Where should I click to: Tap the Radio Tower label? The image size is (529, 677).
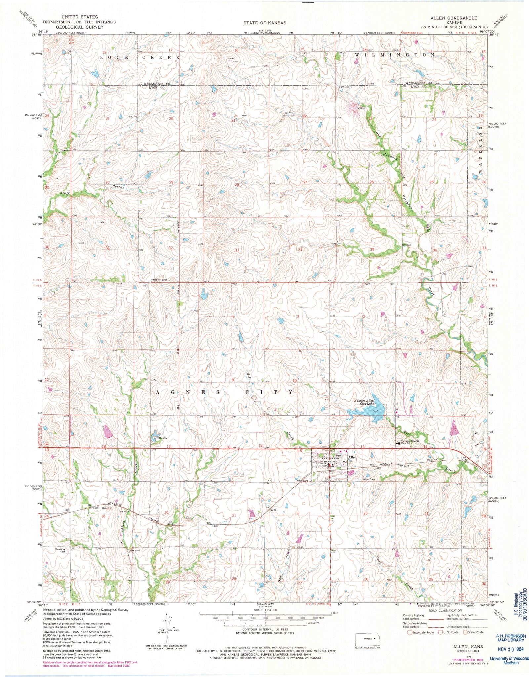coord(160,280)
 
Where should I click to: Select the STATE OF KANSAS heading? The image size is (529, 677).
coord(264,23)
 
